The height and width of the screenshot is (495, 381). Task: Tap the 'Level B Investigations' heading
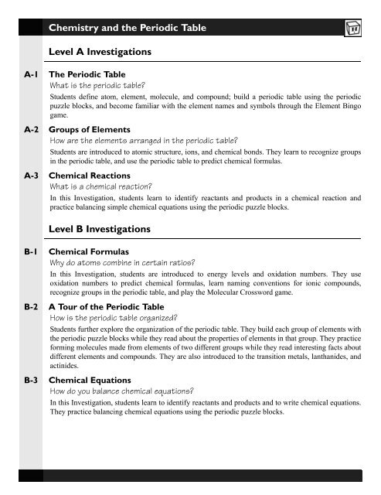[x=107, y=230]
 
